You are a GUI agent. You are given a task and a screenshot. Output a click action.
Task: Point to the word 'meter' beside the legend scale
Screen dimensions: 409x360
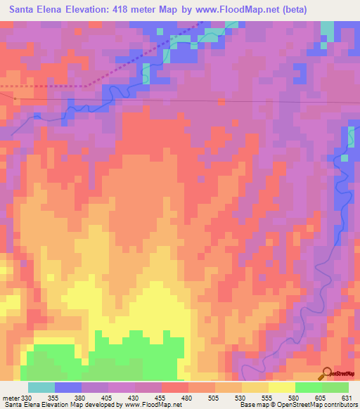click(x=11, y=397)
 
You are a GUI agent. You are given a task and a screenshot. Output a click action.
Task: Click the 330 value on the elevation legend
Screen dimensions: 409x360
click(x=27, y=397)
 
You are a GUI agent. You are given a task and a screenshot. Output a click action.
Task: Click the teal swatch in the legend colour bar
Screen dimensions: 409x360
click(x=41, y=387)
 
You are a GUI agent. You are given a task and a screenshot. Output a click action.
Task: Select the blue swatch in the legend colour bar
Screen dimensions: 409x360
click(x=67, y=387)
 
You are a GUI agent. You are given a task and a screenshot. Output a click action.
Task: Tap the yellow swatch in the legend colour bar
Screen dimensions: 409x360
click(x=281, y=387)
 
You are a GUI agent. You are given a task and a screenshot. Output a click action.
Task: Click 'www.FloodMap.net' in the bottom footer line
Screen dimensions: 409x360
click(x=148, y=405)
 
